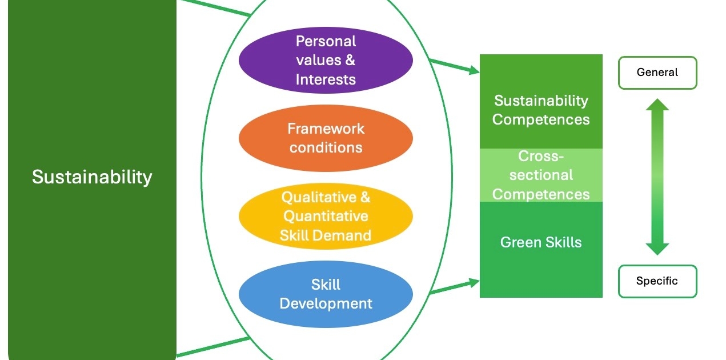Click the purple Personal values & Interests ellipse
(x=326, y=61)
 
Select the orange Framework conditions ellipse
(x=326, y=138)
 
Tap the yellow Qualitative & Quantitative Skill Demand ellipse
(x=326, y=217)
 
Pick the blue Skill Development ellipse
(x=326, y=294)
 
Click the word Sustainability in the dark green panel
(x=92, y=177)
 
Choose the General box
(x=657, y=73)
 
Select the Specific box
(x=657, y=281)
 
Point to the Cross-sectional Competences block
(x=541, y=175)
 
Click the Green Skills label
(x=541, y=242)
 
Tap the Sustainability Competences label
(x=541, y=110)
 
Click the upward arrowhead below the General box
(x=657, y=105)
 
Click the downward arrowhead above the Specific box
(x=657, y=249)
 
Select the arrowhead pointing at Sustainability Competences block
(x=474, y=70)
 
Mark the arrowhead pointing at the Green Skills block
(x=474, y=283)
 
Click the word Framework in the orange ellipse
(x=326, y=129)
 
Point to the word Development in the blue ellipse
(x=326, y=304)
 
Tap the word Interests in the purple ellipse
(x=326, y=79)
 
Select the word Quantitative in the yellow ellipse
(x=326, y=217)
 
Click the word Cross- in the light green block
(x=541, y=156)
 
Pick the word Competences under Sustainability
(x=541, y=119)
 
